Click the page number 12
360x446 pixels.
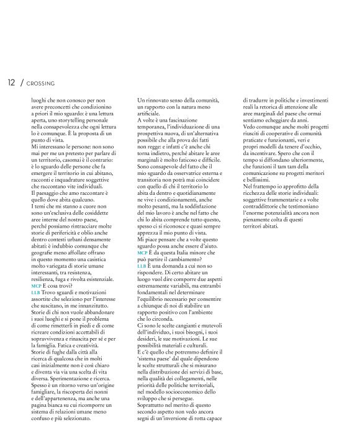[x=11, y=82]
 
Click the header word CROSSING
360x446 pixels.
[x=40, y=83]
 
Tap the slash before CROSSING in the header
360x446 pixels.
[x=22, y=82]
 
